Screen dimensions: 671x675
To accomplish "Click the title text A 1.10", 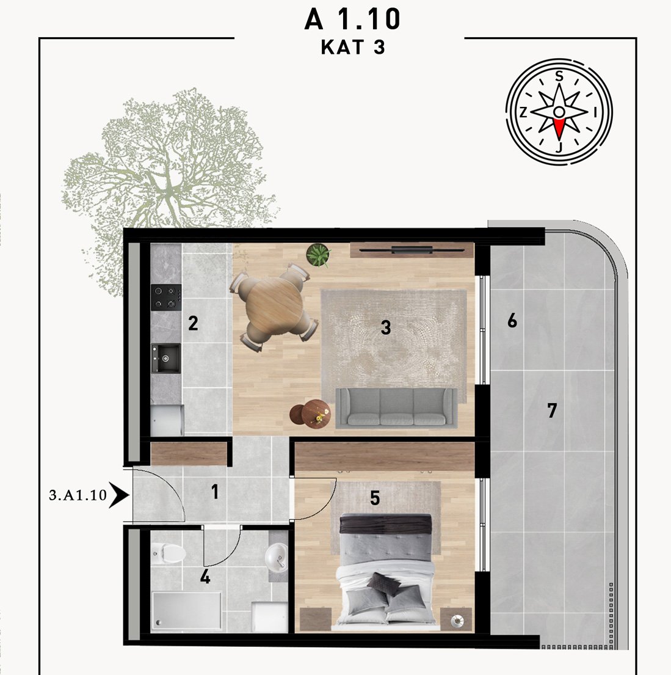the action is tap(352, 20).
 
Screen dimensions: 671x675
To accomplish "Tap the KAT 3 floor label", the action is tap(352, 48).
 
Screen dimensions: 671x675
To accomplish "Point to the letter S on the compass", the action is tap(559, 76).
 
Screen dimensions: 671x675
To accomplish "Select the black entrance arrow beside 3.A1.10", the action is tap(119, 495).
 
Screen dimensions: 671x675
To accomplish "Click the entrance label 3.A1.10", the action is tap(78, 495).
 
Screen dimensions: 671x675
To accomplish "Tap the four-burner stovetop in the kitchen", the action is tap(165, 297).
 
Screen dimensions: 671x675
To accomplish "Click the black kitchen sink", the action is tap(165, 358).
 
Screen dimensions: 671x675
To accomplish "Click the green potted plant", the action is tap(319, 255).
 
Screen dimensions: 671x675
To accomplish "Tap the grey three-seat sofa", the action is tap(396, 408).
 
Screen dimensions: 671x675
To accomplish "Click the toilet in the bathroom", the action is tap(167, 553).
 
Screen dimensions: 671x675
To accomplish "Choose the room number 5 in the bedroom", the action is tap(375, 498).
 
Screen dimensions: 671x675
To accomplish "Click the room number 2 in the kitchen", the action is tap(193, 323).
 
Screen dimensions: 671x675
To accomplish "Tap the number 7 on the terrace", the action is tap(552, 410).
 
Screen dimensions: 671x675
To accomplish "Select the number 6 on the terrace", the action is tap(512, 321).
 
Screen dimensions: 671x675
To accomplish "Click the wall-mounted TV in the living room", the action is tap(412, 250).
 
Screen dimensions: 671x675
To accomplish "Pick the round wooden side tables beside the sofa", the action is tap(310, 413).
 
